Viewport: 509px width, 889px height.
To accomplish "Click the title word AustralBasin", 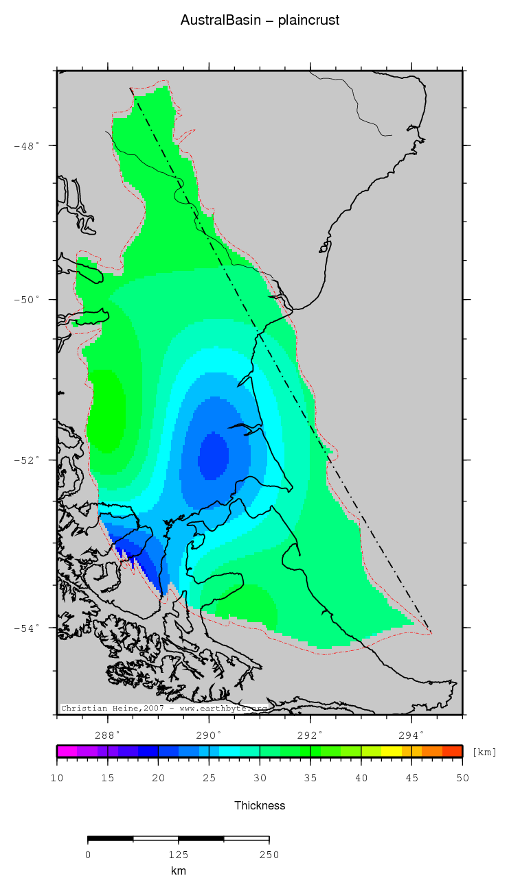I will coord(220,21).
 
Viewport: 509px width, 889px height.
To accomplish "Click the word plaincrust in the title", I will coord(308,21).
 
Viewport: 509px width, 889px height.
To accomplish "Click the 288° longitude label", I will coord(108,734).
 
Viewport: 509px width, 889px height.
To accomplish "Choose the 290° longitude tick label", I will coord(209,734).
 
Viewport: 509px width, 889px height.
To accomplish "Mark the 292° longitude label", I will coord(310,734).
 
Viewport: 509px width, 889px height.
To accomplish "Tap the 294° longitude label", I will coord(411,734).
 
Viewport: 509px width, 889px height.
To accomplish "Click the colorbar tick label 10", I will coord(57,777).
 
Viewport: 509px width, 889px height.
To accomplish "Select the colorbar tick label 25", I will coord(209,777).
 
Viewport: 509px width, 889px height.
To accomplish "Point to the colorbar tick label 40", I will coord(361,777).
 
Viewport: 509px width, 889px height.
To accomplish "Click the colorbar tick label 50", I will coord(462,777).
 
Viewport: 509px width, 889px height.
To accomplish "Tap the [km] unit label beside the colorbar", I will coord(484,752).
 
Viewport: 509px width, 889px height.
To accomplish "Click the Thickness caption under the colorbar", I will coord(260,805).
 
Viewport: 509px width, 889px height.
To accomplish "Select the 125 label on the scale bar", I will coord(179,855).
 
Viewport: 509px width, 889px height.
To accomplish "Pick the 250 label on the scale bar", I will coord(269,855).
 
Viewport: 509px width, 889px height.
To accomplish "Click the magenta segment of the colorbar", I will coord(67,751).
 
